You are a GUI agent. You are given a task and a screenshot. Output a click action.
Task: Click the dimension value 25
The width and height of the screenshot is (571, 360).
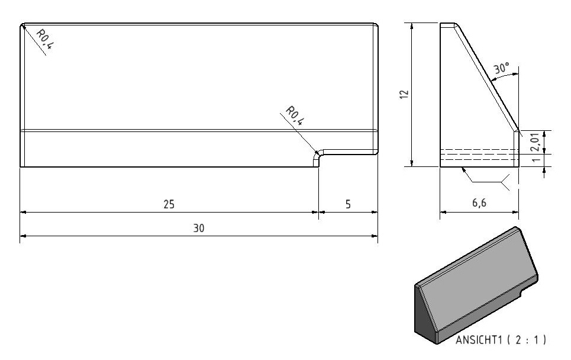(169, 204)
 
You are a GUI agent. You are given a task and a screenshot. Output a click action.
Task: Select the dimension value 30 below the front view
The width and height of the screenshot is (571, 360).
(198, 229)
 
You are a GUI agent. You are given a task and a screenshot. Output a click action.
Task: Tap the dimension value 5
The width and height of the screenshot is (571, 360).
(348, 204)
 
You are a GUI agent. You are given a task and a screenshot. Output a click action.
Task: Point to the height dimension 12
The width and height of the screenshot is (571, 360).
(404, 94)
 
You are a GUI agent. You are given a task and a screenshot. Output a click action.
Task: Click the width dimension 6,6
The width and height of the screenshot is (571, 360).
(479, 202)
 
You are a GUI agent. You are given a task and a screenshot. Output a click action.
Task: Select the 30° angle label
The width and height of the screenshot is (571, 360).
(501, 68)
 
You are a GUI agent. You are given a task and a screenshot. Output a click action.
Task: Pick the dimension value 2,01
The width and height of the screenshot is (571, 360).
(535, 142)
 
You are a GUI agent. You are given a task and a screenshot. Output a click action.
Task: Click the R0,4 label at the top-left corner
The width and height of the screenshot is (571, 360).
(45, 39)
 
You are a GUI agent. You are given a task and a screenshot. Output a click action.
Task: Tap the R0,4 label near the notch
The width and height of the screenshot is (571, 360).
(294, 115)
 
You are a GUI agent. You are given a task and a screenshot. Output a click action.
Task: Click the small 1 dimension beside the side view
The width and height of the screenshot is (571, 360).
(535, 160)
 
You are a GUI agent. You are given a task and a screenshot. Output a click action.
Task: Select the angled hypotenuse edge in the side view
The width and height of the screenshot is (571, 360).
(486, 77)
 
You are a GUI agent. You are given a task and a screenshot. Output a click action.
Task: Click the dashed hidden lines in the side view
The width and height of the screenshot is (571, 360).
(479, 155)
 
